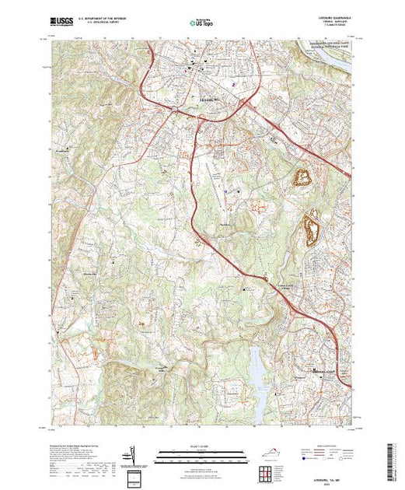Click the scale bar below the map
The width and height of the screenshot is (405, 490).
coord(202,452)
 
